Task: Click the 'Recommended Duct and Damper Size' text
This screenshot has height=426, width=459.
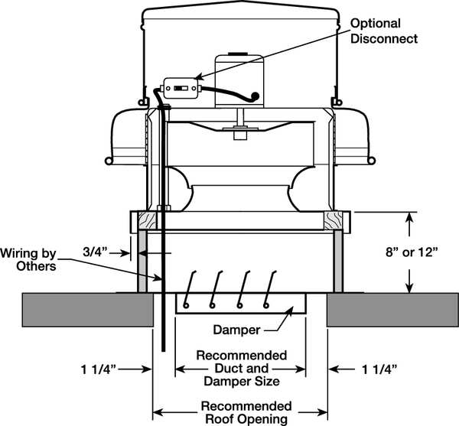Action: coord(242,369)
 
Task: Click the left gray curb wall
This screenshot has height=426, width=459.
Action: coord(142,260)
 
